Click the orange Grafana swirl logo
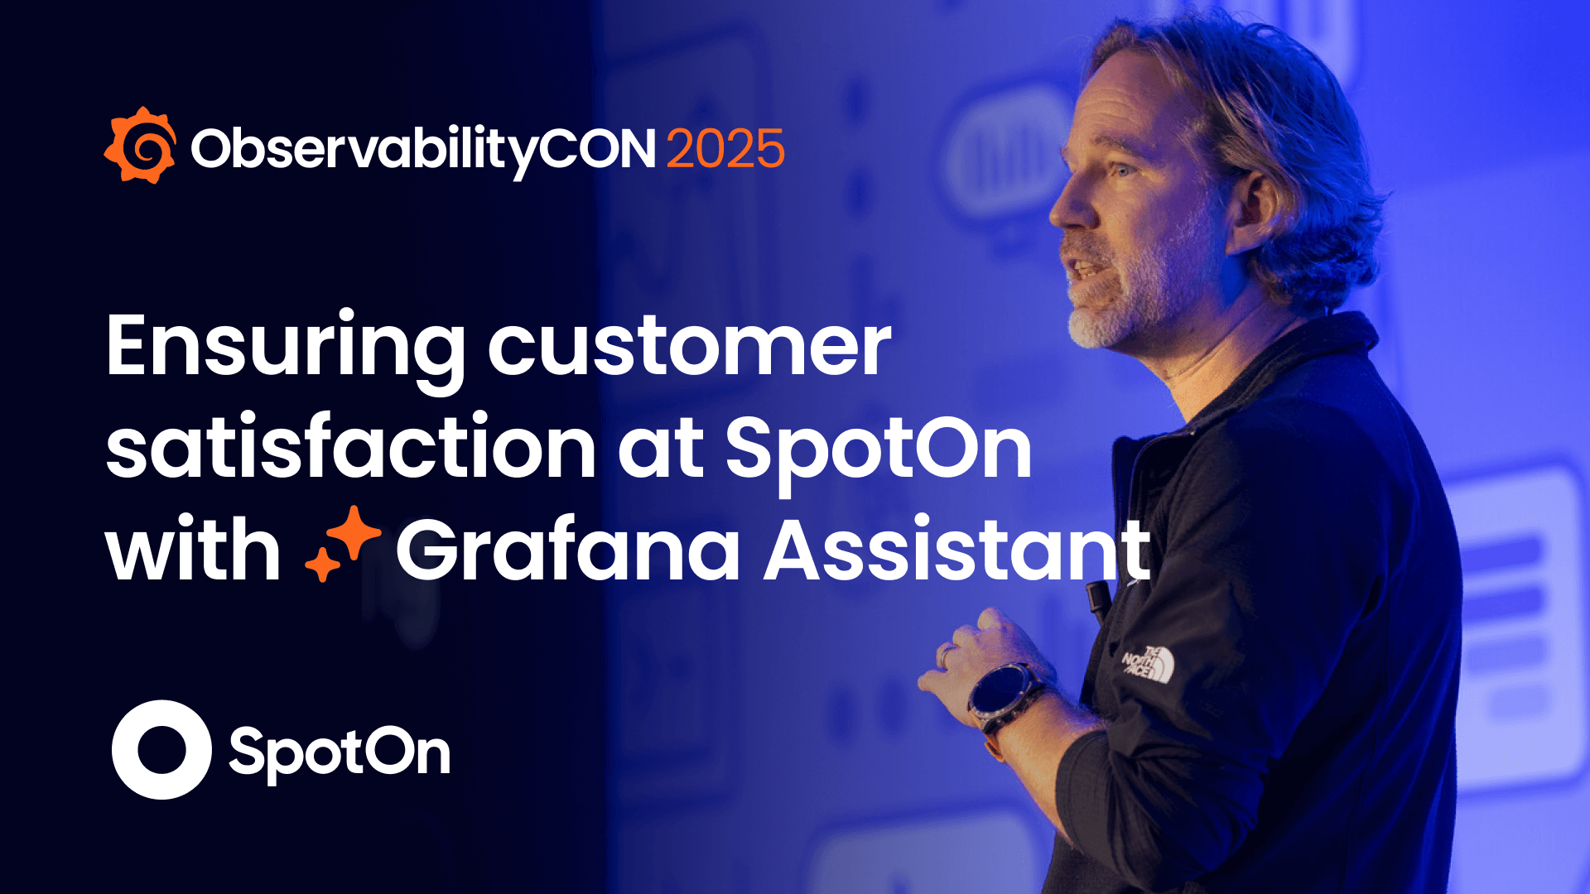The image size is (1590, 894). (x=140, y=146)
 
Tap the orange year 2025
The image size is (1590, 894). (x=725, y=149)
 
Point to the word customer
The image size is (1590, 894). (x=689, y=348)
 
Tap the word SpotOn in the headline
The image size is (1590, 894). (x=879, y=451)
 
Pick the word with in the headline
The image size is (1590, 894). (x=193, y=550)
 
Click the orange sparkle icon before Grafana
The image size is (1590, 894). (x=343, y=544)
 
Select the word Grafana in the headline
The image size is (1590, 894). (x=568, y=550)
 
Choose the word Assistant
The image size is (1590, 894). (x=956, y=550)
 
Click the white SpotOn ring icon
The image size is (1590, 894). (x=161, y=749)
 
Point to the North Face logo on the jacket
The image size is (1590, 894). (x=1149, y=663)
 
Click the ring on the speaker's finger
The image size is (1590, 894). (x=945, y=655)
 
